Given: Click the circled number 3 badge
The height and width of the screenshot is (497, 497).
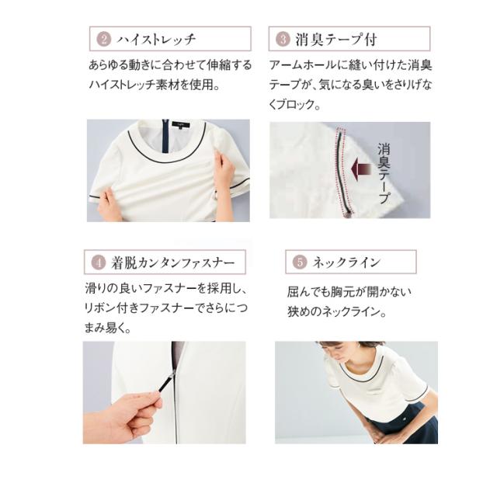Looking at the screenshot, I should click(284, 39).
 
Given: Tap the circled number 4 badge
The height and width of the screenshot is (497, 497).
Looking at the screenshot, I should click(99, 261).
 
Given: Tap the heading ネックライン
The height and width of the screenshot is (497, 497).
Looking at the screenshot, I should click(346, 262).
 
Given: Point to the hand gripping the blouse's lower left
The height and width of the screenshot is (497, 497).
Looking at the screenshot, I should click(110, 206).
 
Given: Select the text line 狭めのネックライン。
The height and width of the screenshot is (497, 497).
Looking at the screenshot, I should click(338, 312).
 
